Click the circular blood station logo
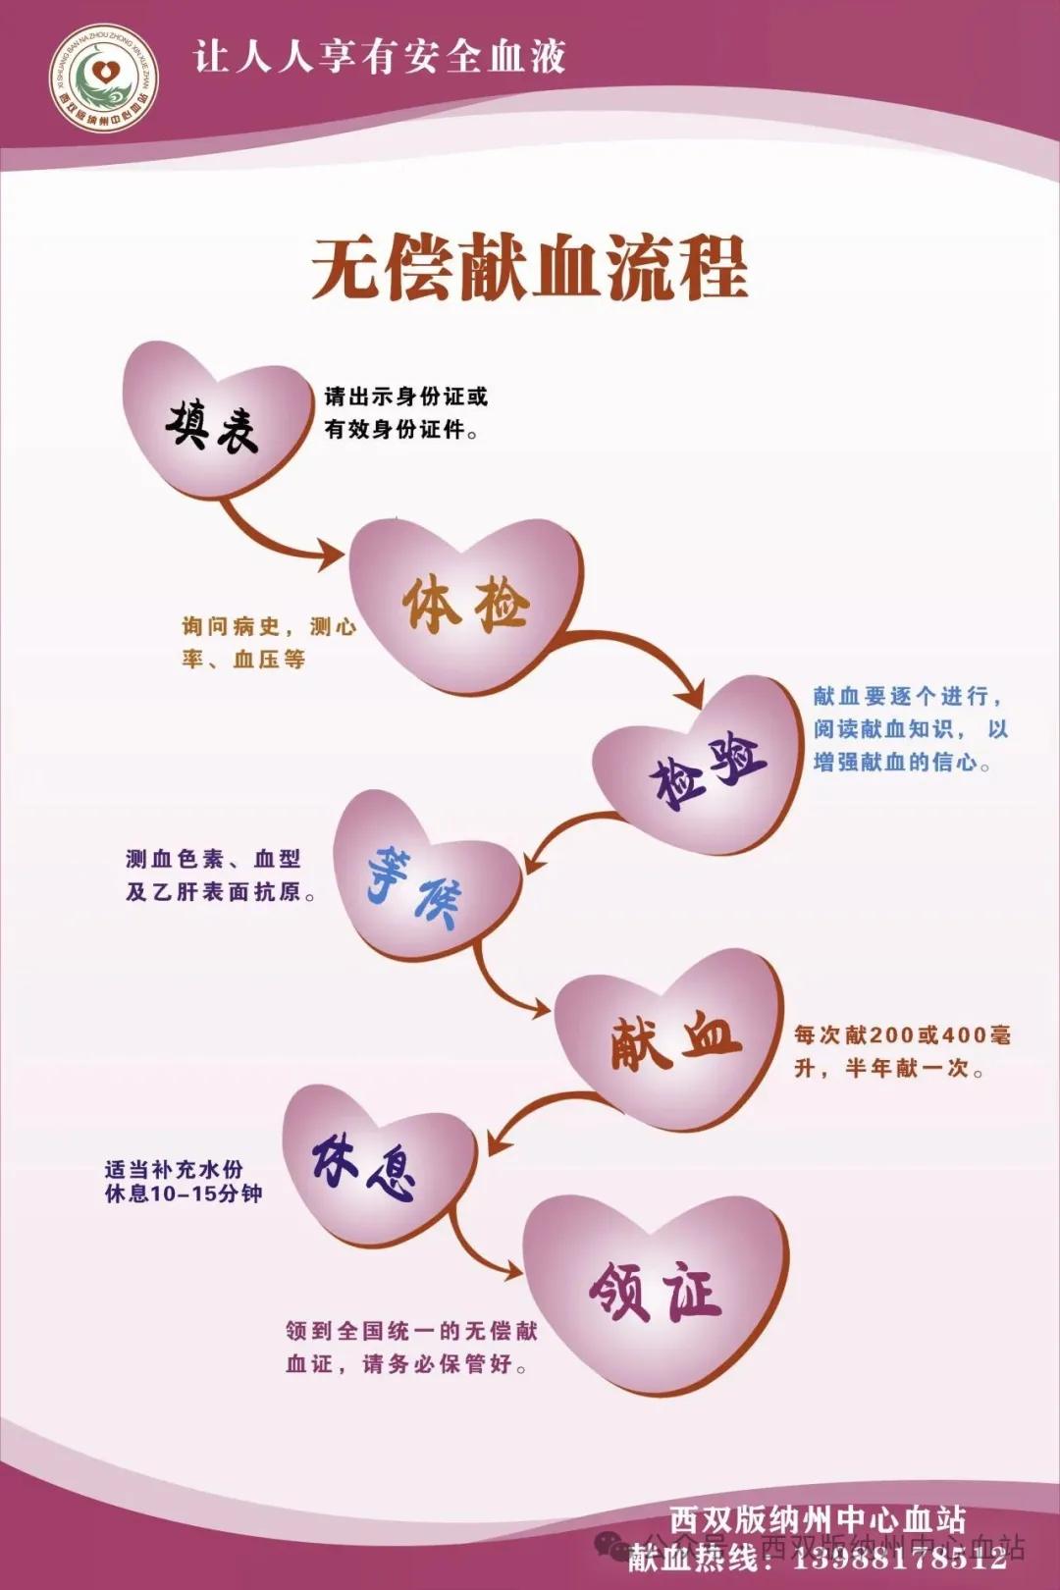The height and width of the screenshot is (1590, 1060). click(104, 79)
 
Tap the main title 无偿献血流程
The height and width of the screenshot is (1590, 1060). click(530, 268)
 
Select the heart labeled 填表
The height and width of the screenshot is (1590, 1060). click(217, 420)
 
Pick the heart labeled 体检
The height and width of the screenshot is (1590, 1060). click(466, 605)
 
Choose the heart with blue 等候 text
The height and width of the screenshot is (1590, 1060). click(427, 878)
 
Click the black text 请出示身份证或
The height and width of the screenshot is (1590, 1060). click(406, 397)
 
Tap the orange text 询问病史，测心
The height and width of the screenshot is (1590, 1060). click(268, 627)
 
